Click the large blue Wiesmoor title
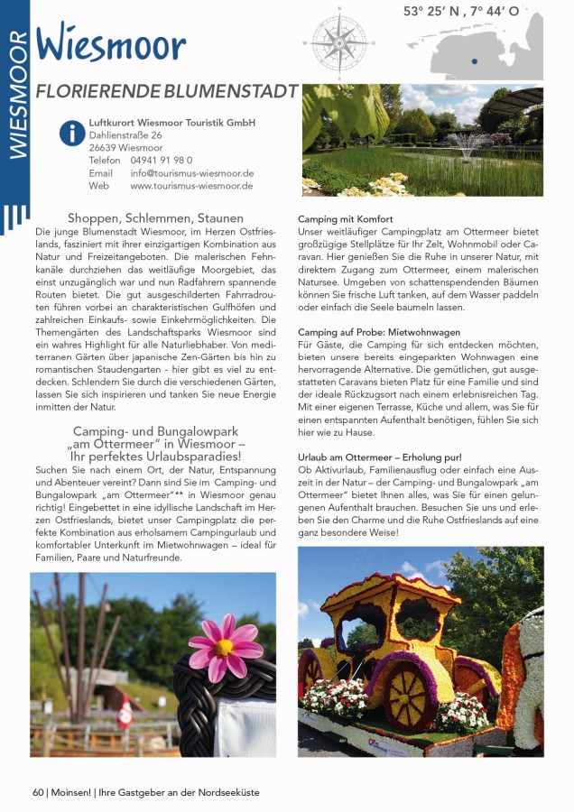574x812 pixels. pos(111,44)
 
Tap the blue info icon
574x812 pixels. pos(71,134)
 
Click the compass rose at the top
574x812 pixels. pos(339,40)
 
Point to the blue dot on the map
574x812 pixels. pos(474,61)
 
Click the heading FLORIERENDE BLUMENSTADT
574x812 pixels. pos(167,91)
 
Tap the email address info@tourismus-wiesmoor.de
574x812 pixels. pos(191,173)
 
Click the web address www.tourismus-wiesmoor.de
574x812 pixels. pos(191,186)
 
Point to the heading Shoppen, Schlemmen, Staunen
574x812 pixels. pos(155,217)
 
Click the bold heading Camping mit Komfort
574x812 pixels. pos(346,220)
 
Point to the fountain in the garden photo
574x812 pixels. pos(466,144)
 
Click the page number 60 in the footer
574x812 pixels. pos(38,792)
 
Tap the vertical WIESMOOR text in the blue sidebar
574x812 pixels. pos(15,95)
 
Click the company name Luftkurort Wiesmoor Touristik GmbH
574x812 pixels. pos(171,123)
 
